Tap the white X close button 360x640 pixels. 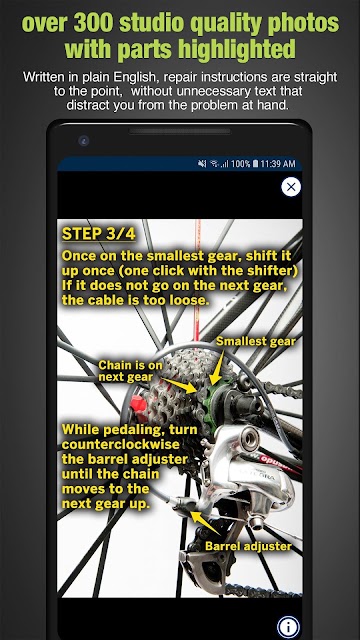click(x=291, y=187)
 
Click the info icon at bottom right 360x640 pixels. click(x=288, y=627)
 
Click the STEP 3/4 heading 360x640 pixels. click(x=98, y=234)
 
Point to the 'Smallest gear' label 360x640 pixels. click(x=256, y=341)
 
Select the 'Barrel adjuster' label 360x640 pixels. click(x=248, y=546)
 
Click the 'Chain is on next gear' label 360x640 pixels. click(x=130, y=371)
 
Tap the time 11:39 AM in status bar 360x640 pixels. click(x=278, y=164)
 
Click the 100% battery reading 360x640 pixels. click(x=240, y=164)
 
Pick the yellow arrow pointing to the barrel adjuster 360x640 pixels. click(x=206, y=523)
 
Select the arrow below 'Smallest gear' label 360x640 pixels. click(x=218, y=369)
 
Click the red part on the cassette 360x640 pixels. click(x=138, y=405)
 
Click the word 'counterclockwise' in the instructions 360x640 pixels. click(x=120, y=444)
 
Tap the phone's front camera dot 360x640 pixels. click(x=83, y=141)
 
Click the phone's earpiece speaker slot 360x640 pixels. click(x=180, y=131)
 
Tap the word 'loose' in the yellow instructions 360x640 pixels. click(x=190, y=300)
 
